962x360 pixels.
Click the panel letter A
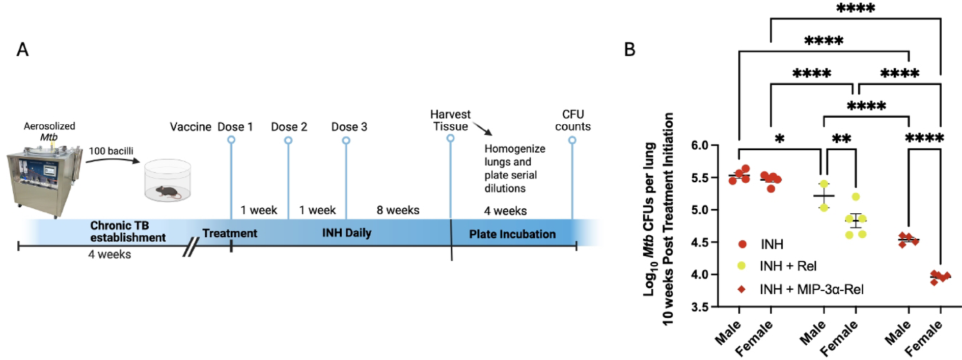[x=22, y=49]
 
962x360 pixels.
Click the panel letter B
[x=629, y=49]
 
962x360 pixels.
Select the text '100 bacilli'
[x=111, y=151]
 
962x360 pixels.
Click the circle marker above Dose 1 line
[x=231, y=140]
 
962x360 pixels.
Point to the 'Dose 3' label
[x=349, y=127]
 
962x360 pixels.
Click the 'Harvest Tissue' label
[x=450, y=121]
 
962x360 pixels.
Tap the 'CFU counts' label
[x=573, y=121]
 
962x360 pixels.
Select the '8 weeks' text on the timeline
[x=398, y=210]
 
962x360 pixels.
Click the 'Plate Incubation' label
[x=512, y=234]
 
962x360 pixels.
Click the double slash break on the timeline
[x=190, y=247]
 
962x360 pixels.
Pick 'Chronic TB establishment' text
[x=127, y=232]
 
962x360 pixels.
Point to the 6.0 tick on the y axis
[x=700, y=146]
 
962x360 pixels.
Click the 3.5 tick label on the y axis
[x=700, y=307]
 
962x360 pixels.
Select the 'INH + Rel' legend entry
[x=787, y=266]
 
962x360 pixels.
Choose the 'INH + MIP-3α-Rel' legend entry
[x=811, y=290]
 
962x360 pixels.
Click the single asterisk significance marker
[x=780, y=139]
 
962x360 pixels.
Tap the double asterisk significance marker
[x=841, y=139]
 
